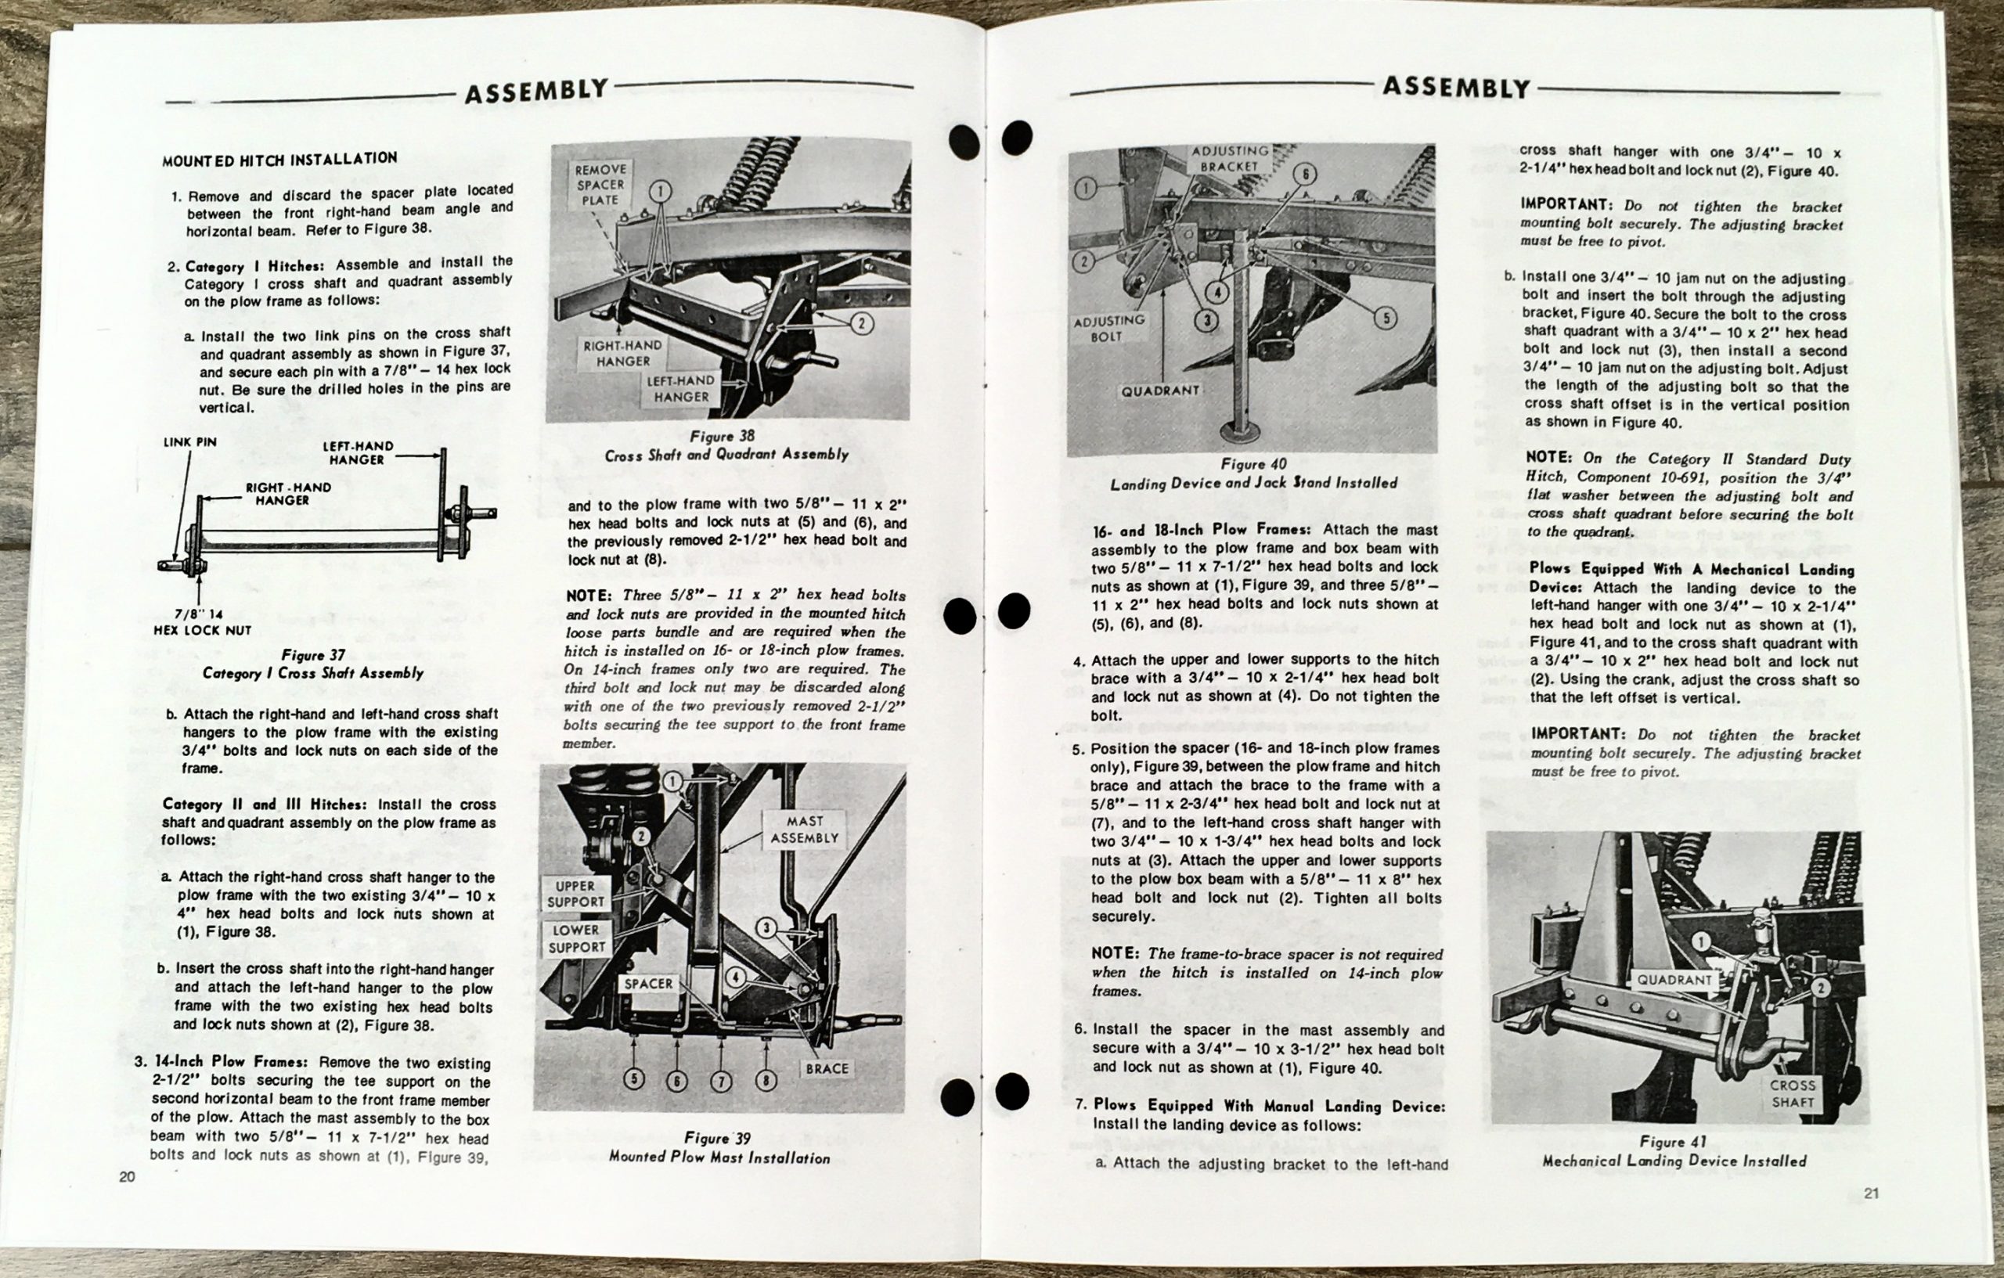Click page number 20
tap(128, 1176)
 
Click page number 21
tap(1872, 1194)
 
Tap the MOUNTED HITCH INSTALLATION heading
tap(279, 159)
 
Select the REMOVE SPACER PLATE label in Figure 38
tap(600, 184)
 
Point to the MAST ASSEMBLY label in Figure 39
tap(804, 830)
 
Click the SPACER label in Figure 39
tap(648, 984)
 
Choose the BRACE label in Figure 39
tap(827, 1068)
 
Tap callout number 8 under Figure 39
tap(766, 1080)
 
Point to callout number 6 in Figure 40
tap(1305, 174)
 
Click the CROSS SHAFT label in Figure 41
tap(1792, 1094)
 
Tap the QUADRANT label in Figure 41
tap(1674, 980)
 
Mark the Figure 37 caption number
tap(314, 655)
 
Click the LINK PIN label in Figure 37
tap(189, 443)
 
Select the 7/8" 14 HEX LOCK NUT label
tap(202, 622)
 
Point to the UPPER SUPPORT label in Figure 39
tap(575, 894)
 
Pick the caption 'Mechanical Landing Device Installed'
tap(1674, 1161)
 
